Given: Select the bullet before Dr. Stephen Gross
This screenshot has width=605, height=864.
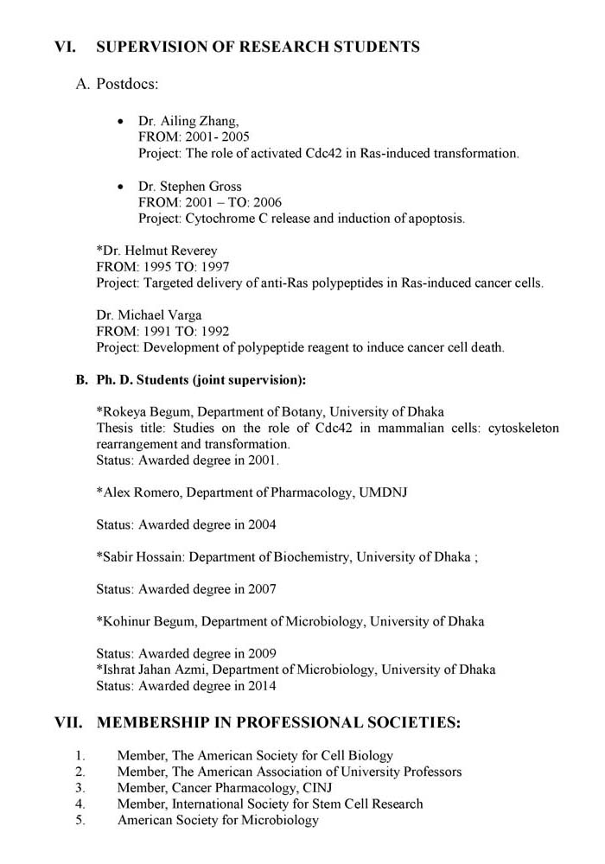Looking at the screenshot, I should coord(121,187).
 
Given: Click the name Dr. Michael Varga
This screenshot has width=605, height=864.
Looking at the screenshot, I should coord(143,316).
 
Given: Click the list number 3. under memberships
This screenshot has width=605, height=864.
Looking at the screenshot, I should coord(80,788).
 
